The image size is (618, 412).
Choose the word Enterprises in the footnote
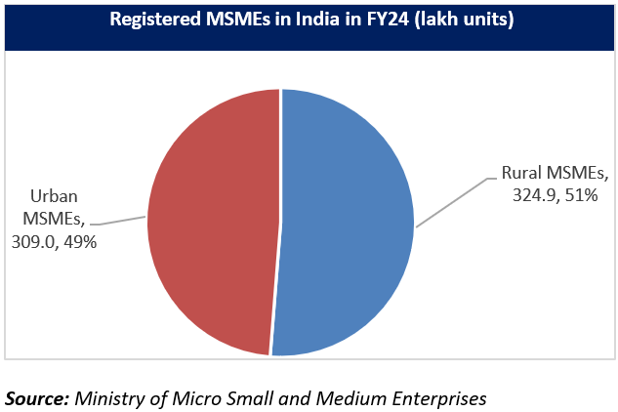pyautogui.click(x=437, y=398)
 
